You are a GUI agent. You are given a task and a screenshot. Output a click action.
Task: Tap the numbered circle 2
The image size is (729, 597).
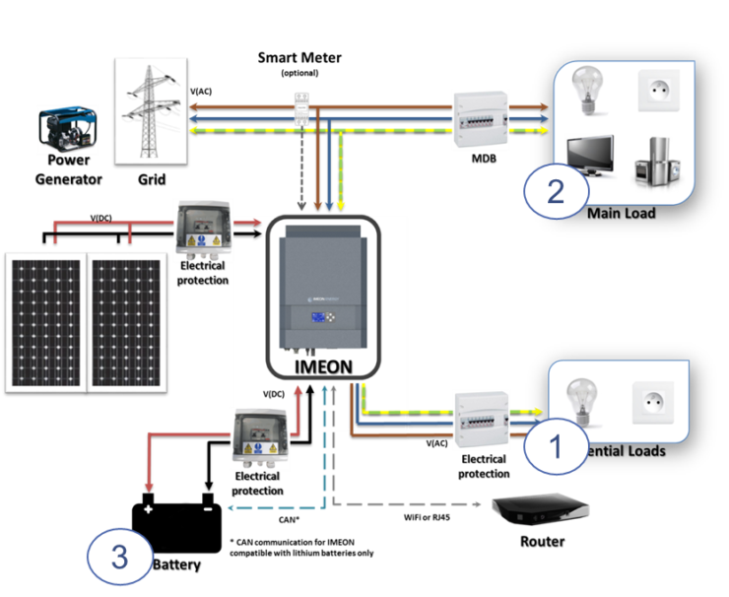[556, 190]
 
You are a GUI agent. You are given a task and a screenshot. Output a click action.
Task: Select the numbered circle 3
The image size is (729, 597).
[120, 558]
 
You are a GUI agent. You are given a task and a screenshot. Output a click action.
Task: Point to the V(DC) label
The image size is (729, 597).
[275, 395]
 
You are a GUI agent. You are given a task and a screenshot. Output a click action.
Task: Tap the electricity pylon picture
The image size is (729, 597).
[150, 107]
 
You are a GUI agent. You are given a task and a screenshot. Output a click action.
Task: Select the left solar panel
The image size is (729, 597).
[45, 321]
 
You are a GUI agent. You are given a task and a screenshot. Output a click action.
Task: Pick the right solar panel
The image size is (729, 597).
[126, 321]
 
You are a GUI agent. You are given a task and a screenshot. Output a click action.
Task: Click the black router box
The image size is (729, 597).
[540, 509]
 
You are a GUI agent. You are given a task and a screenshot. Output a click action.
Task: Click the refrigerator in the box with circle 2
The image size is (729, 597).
[653, 160]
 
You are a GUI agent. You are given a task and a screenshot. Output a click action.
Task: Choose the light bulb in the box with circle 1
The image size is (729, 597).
[584, 404]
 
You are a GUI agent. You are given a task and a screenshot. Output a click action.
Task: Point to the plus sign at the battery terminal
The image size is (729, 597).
[149, 509]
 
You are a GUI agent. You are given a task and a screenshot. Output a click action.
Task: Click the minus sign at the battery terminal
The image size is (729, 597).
[207, 509]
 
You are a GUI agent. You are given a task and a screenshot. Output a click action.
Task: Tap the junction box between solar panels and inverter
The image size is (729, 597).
[204, 231]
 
